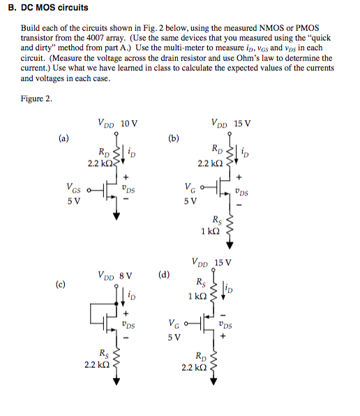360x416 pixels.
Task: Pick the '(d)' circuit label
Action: click(x=165, y=274)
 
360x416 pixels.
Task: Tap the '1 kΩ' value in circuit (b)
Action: click(x=211, y=232)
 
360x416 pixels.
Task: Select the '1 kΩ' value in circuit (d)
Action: click(x=197, y=296)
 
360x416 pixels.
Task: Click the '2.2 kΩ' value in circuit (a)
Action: click(x=100, y=164)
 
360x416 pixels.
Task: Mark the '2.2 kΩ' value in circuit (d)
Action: click(x=193, y=368)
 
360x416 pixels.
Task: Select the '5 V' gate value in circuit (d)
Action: click(x=175, y=337)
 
